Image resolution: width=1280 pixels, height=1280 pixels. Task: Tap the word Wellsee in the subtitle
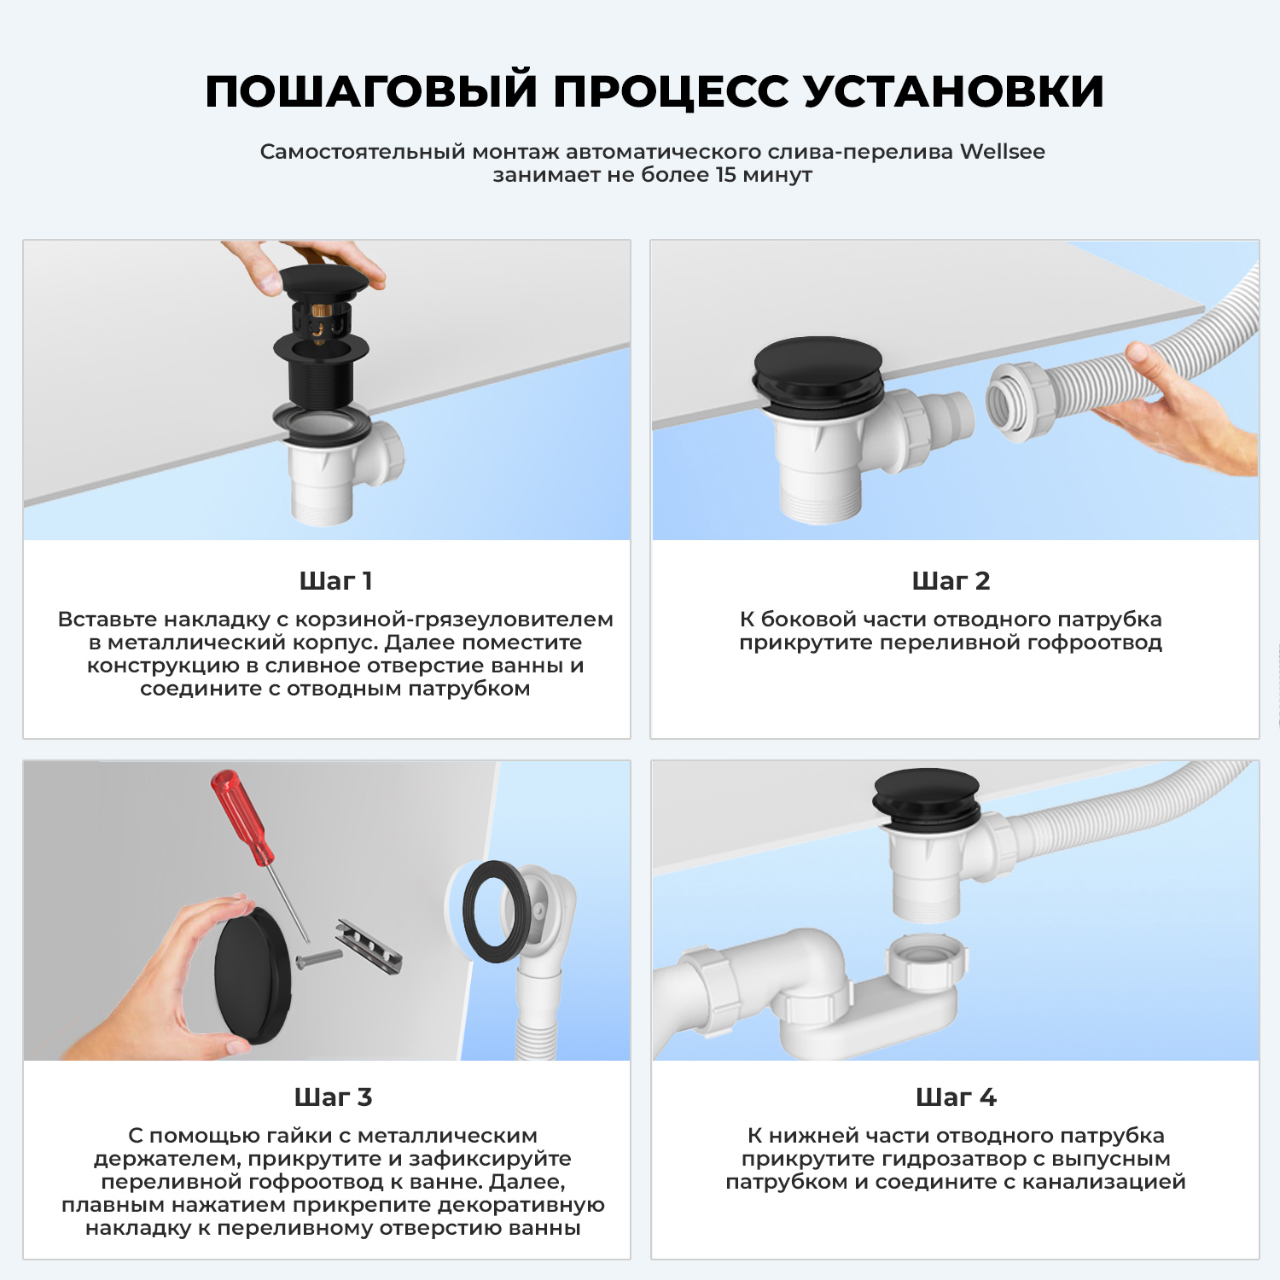pos(1002,152)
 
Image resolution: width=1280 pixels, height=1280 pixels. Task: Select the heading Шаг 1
pos(335,581)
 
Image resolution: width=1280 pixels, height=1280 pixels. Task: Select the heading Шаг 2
pos(951,581)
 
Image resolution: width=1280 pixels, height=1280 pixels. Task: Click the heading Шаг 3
pos(333,1097)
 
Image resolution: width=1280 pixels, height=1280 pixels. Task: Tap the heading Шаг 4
pos(956,1097)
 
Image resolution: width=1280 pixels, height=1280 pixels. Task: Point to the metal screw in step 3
pos(318,957)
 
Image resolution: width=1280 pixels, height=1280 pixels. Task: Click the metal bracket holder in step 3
pos(369,947)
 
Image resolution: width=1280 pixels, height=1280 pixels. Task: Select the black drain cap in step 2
pos(817,367)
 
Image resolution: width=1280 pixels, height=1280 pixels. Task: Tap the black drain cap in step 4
pos(927,794)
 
